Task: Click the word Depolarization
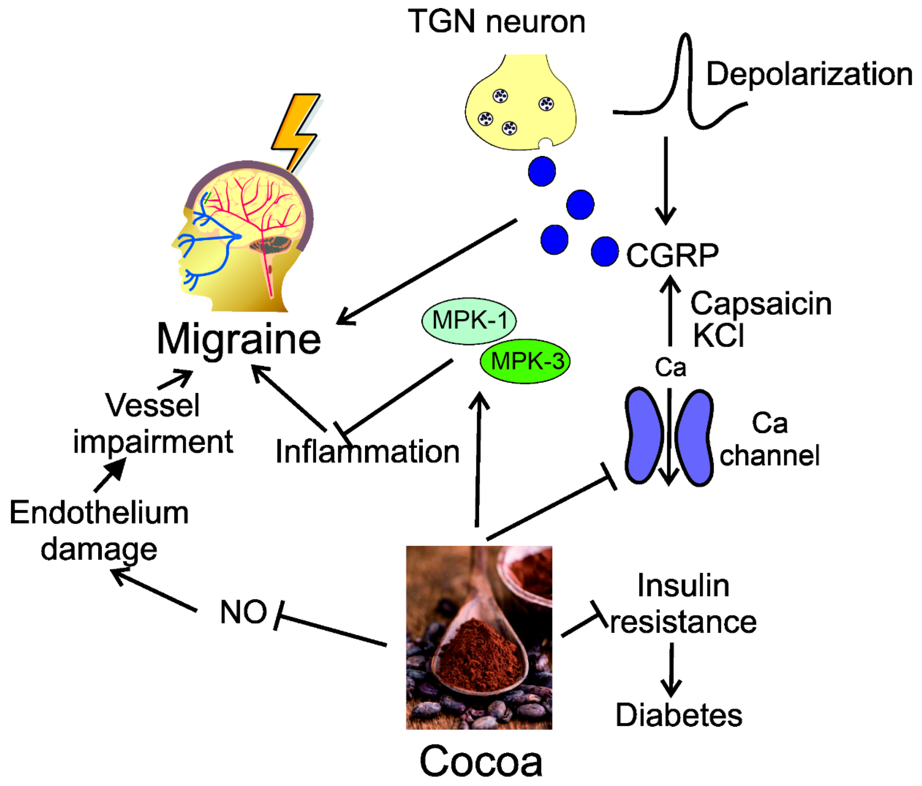coord(809,74)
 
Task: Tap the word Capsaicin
coord(761,304)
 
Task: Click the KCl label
coord(718,335)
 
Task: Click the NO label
coord(243,612)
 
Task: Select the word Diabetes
coord(679,715)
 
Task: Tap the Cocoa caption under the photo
coord(481,762)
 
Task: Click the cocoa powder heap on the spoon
coord(478,649)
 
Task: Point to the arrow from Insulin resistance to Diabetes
coord(671,669)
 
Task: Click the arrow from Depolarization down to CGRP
coord(666,180)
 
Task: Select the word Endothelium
coord(99,513)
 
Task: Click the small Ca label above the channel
coord(670,368)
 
